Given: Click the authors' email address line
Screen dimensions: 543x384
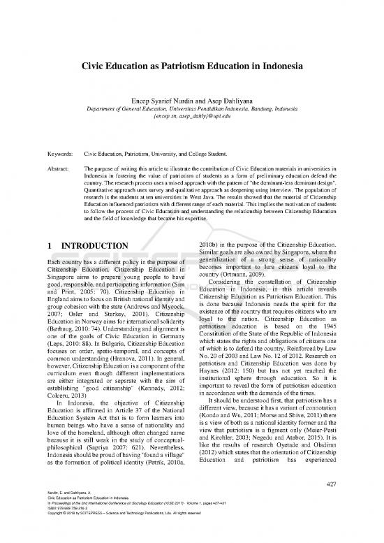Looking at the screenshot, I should click(192, 119).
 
